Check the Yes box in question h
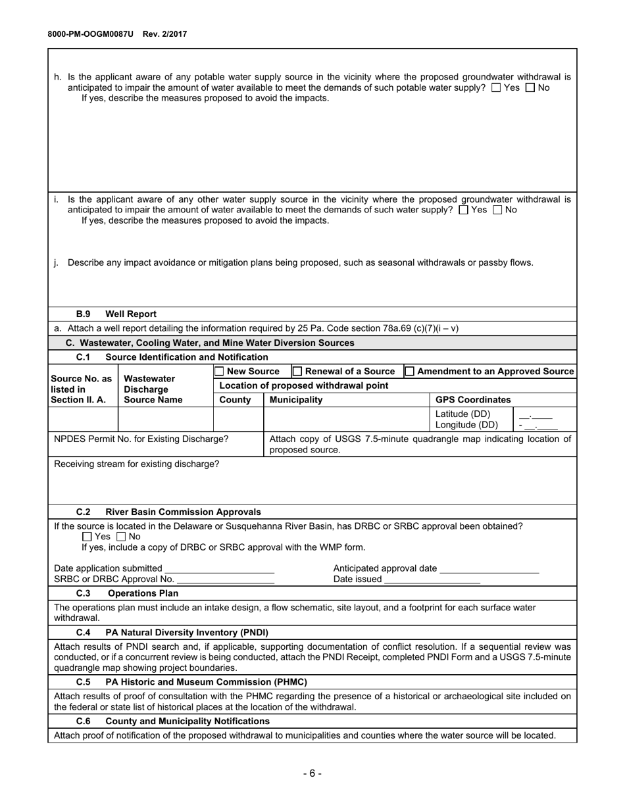tap(496, 87)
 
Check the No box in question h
tap(530, 87)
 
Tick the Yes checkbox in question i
tap(463, 210)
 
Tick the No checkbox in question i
tap(497, 210)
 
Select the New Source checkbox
tap(220, 372)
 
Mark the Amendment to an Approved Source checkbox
tap(410, 372)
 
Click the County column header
tap(235, 400)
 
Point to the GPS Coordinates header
tap(473, 400)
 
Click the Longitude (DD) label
tap(466, 425)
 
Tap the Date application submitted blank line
tap(219, 569)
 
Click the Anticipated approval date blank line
tap(489, 569)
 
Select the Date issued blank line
tap(432, 579)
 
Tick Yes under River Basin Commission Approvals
tap(87, 537)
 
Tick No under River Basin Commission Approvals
tap(121, 537)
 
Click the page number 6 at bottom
tap(312, 773)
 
